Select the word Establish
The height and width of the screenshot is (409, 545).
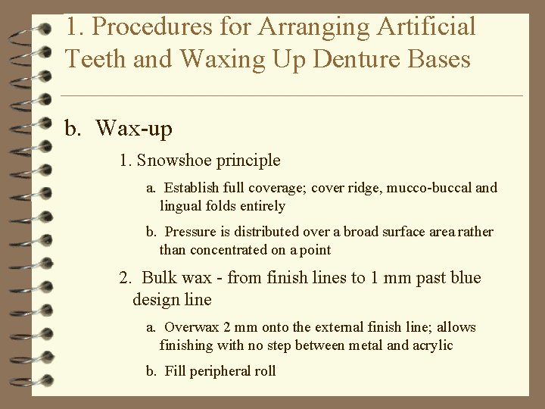pyautogui.click(x=190, y=188)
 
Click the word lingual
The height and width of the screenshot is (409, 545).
pyautogui.click(x=180, y=206)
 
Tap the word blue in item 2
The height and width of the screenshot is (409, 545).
pyautogui.click(x=465, y=278)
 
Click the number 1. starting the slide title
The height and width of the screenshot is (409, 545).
pyautogui.click(x=73, y=27)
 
